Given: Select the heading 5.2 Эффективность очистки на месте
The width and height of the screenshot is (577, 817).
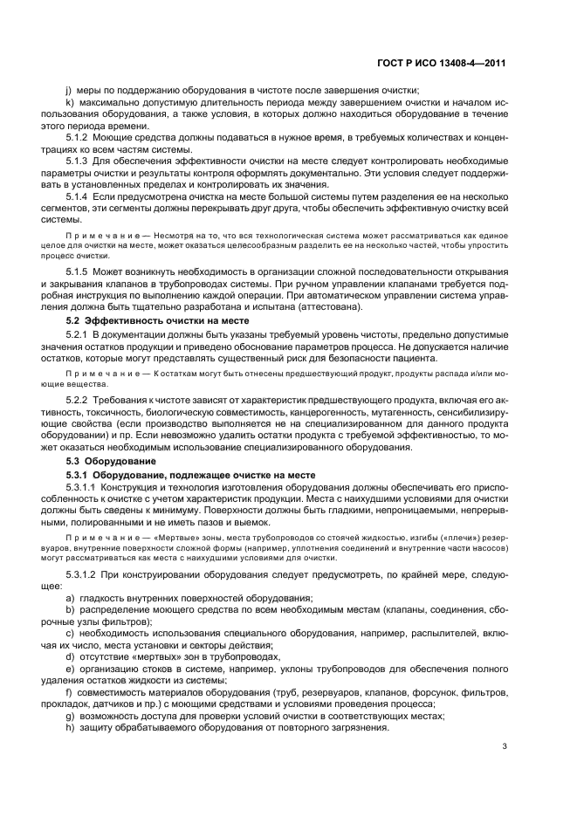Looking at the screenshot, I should (141, 320).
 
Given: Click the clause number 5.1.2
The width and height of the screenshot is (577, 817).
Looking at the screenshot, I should (80, 138).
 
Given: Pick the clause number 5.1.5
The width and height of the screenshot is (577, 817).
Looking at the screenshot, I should (80, 273).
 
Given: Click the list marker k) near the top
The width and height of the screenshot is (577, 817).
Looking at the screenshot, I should (70, 103).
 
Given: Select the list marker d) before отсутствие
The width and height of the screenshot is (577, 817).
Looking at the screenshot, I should (70, 656).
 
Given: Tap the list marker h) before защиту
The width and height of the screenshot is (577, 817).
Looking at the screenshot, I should (70, 728).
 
